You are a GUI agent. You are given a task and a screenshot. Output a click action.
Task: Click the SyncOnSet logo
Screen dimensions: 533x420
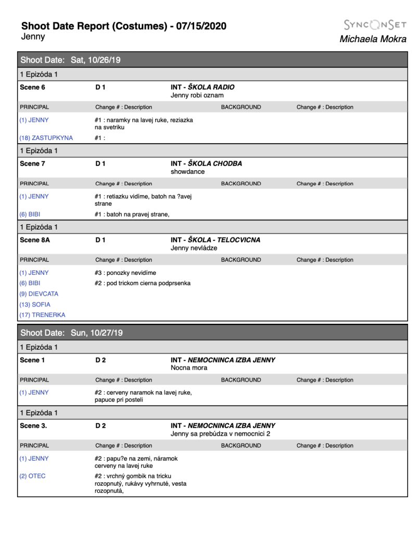click(x=375, y=24)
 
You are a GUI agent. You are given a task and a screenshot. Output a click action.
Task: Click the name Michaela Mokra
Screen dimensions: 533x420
click(x=373, y=39)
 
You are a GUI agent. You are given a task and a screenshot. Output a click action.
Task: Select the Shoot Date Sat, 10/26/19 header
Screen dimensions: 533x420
click(x=70, y=60)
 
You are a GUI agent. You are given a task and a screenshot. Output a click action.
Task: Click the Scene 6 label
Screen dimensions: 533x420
click(x=32, y=87)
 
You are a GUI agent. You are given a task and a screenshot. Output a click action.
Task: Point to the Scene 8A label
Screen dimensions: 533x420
click(x=34, y=240)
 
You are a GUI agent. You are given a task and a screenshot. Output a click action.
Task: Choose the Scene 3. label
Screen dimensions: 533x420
click(x=33, y=426)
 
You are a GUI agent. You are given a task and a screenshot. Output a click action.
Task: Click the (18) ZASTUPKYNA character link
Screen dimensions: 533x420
click(x=46, y=138)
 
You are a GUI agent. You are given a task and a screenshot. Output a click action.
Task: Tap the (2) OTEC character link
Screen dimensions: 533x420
click(x=32, y=476)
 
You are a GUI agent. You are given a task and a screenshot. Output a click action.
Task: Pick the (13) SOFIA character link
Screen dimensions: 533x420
click(x=35, y=304)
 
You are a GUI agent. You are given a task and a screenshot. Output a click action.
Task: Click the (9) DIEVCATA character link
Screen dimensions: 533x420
click(x=39, y=294)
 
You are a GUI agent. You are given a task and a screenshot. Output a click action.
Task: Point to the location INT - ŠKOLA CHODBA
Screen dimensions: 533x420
click(x=206, y=163)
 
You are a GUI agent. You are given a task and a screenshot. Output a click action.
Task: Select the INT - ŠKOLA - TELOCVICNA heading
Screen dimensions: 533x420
click(x=215, y=240)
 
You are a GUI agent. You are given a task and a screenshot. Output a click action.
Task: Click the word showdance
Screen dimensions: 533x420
click(x=187, y=171)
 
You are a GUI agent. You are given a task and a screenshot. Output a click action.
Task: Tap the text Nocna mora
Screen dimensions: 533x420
click(x=189, y=367)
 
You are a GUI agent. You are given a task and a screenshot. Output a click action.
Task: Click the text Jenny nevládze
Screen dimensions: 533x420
click(x=194, y=248)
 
